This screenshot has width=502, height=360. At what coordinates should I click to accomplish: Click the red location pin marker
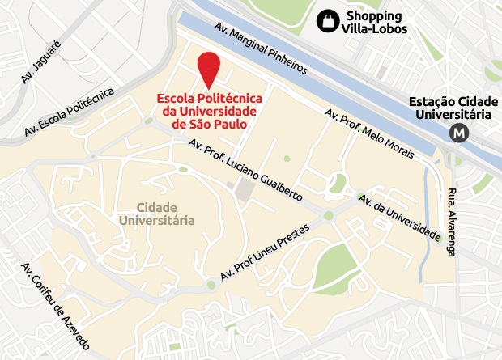point(210,67)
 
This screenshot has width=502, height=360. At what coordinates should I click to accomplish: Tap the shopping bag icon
point(328,19)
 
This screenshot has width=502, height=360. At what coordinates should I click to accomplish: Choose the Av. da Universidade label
point(399,218)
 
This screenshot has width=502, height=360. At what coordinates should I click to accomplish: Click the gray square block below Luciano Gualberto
point(243,191)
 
